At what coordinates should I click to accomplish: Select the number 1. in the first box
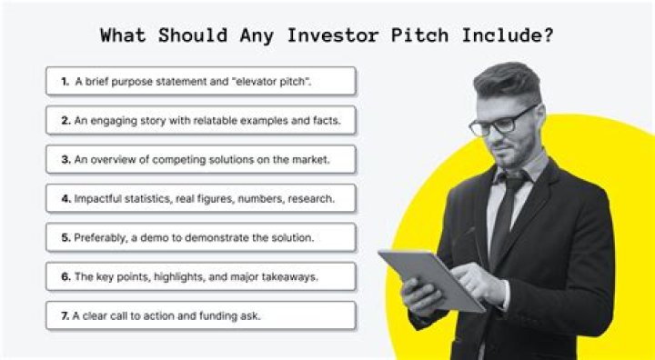(x=65, y=82)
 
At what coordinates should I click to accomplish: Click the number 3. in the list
(x=65, y=159)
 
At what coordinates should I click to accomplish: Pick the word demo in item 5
(x=157, y=237)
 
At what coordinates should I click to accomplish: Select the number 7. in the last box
(x=65, y=315)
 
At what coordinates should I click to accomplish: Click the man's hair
(x=508, y=77)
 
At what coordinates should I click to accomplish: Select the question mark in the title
(x=549, y=37)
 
